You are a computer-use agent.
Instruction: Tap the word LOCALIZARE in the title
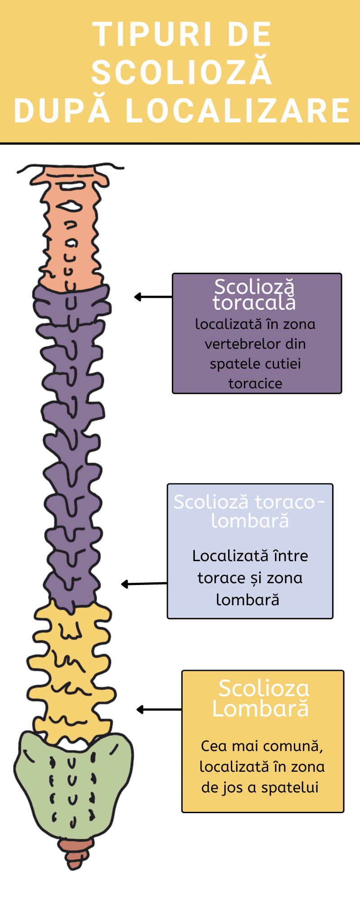238,111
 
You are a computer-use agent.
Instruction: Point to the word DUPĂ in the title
62,111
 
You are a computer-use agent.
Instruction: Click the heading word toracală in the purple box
255,303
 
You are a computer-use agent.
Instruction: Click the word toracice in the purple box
255,384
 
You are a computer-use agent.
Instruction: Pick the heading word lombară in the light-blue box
250,521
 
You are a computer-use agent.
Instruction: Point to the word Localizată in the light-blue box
227,556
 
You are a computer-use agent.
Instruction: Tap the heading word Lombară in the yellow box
261,709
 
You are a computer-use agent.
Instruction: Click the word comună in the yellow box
293,746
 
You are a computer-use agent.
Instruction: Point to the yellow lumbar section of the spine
70,666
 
